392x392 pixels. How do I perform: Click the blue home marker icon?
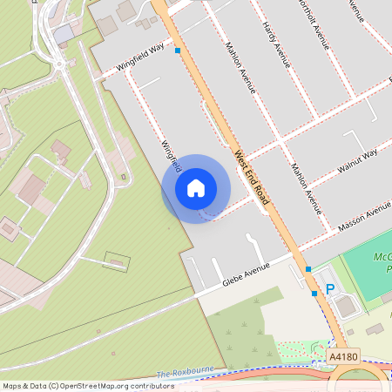click(x=196, y=188)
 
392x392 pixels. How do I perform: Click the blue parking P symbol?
click(x=330, y=289)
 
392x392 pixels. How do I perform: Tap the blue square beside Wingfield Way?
click(x=178, y=51)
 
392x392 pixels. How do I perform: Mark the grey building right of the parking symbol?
click(x=346, y=306)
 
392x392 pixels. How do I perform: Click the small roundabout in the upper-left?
click(x=59, y=63)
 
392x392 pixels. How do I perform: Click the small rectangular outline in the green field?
click(x=117, y=260)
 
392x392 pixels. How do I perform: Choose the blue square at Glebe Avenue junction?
click(x=308, y=269)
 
